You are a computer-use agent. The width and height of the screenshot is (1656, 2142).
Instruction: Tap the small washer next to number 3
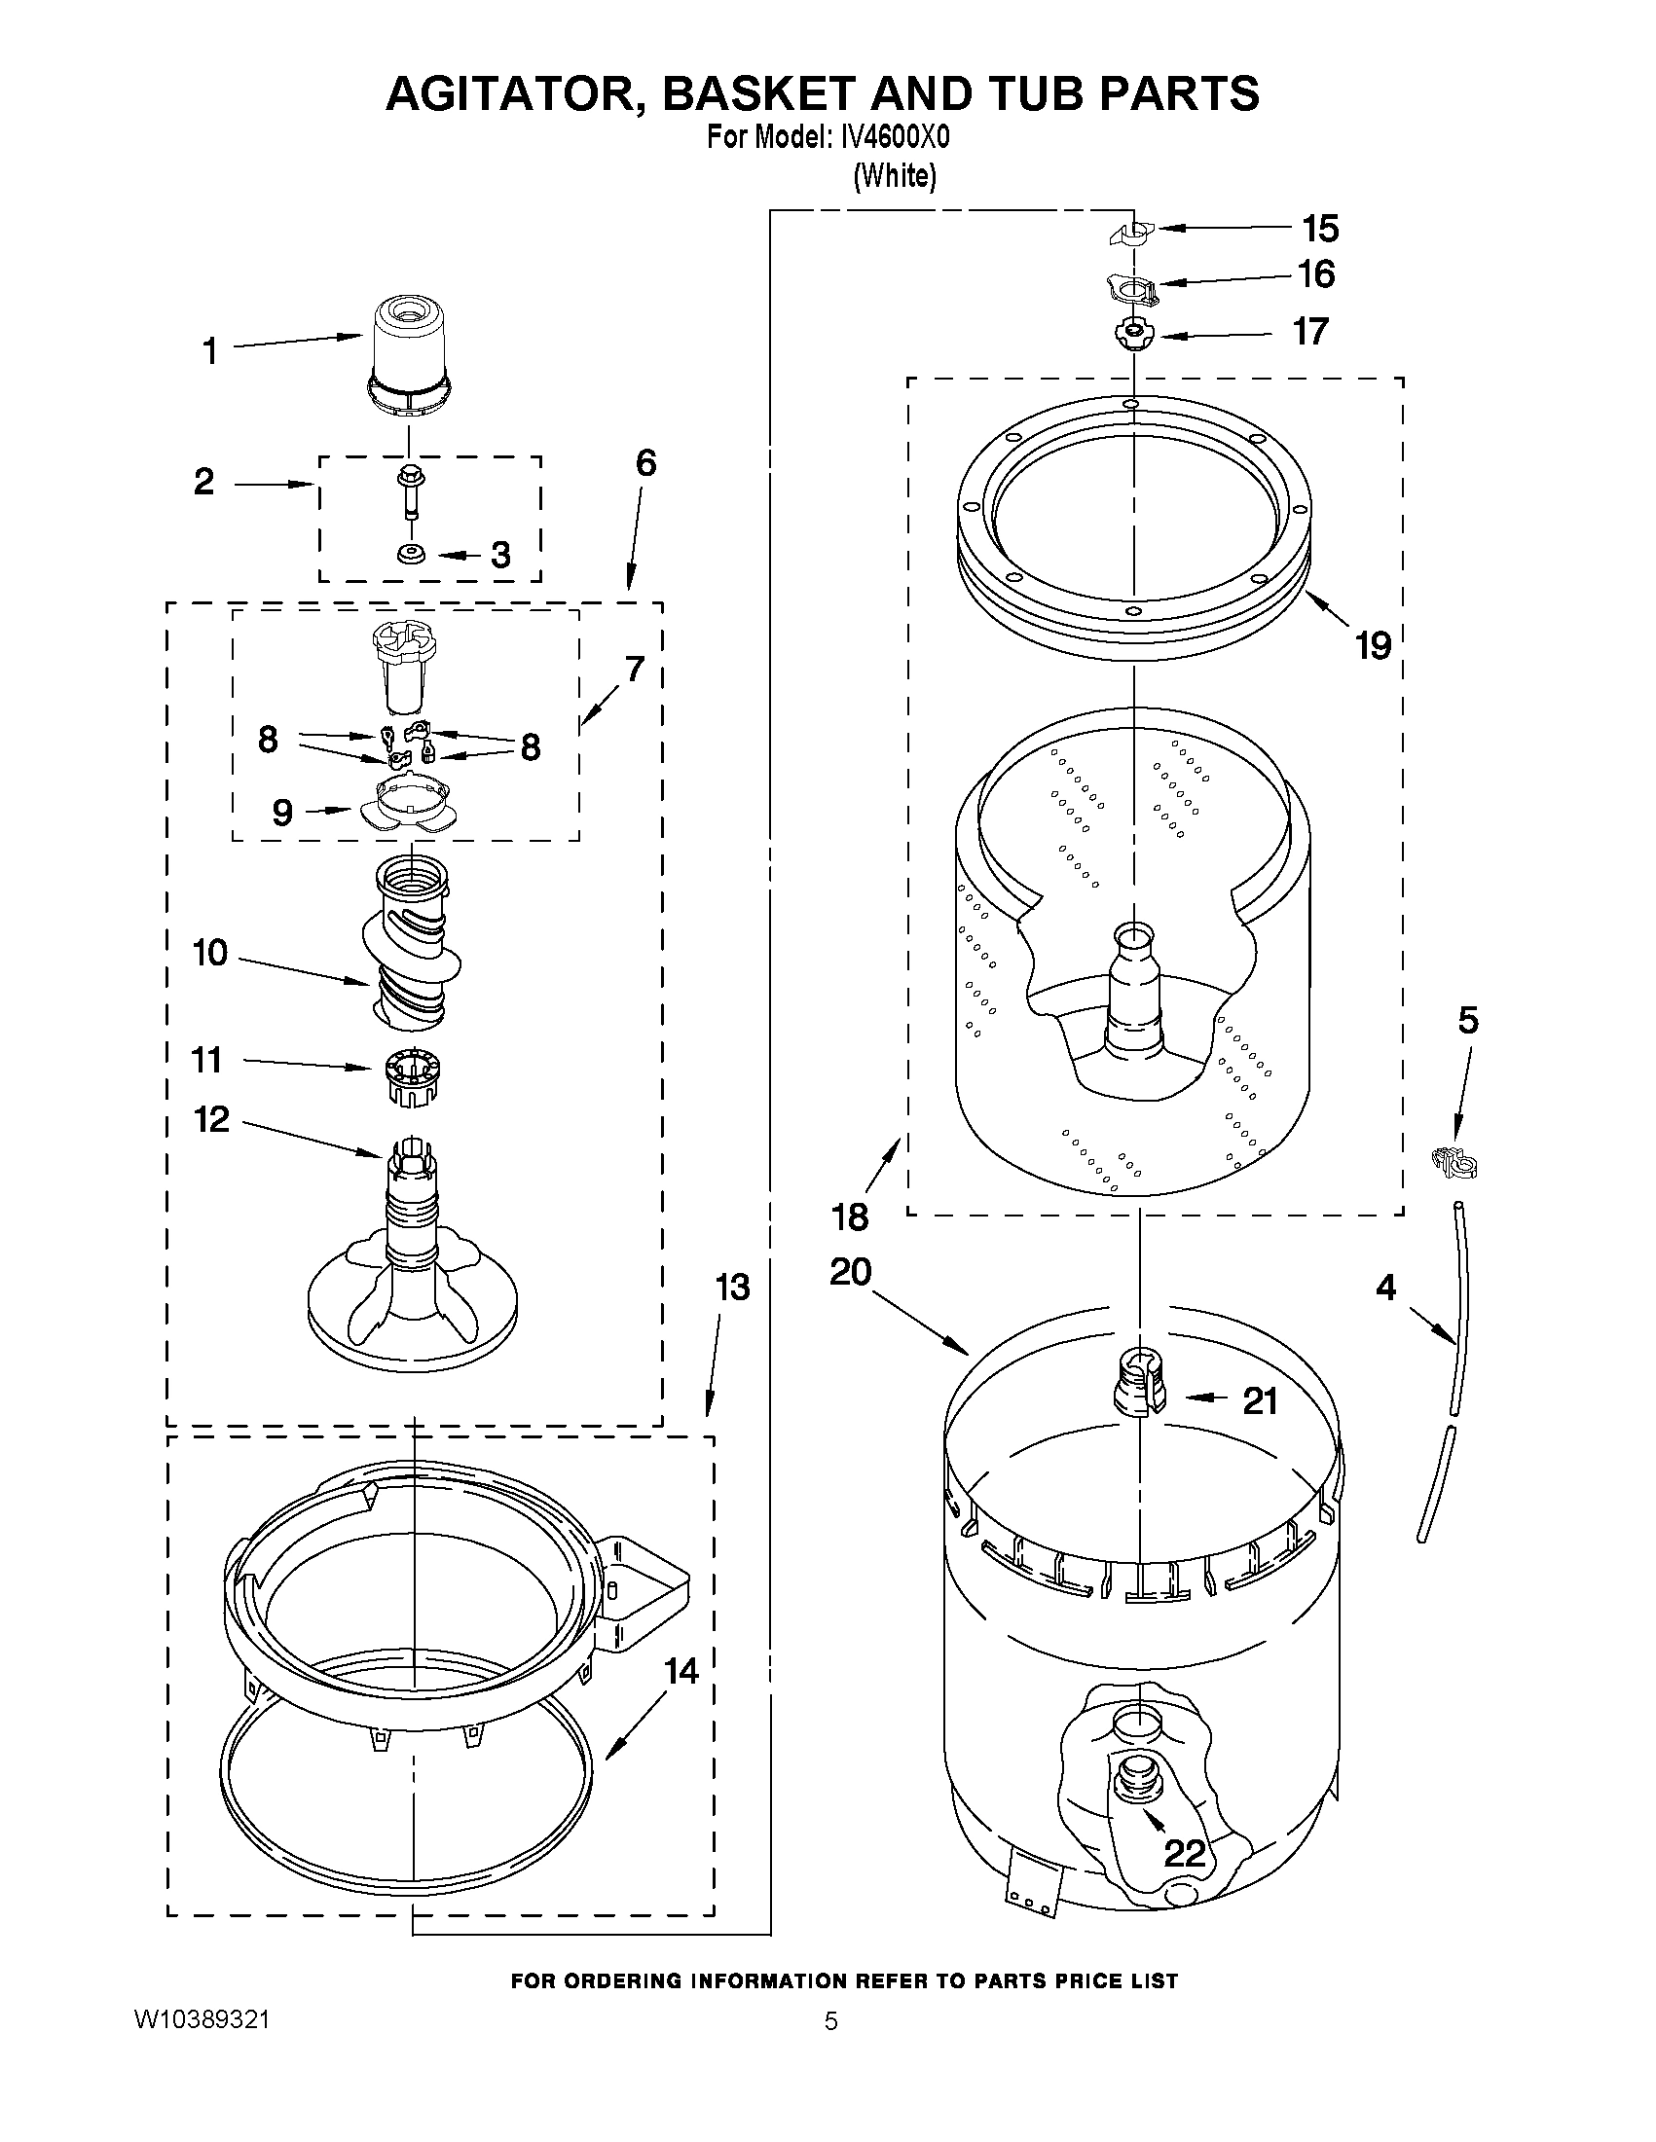pos(410,555)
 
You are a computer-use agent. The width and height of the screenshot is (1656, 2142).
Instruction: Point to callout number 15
pos(1320,229)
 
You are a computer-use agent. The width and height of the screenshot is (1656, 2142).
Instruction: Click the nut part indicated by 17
pos(1132,336)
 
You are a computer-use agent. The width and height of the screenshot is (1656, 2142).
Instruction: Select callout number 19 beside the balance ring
pos(1374,646)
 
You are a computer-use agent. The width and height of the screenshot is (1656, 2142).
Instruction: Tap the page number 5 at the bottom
pos(830,2021)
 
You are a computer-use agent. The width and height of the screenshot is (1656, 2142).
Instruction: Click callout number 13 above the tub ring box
pos(732,1287)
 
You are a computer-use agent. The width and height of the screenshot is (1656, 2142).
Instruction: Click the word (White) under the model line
pos(895,176)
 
